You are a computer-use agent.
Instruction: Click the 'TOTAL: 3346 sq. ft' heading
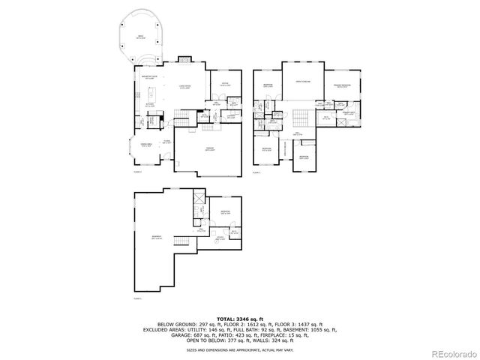tap(240, 319)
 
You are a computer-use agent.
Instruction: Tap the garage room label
tap(210, 149)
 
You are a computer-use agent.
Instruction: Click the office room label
tap(225, 84)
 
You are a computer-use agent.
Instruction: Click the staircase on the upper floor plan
tap(301, 117)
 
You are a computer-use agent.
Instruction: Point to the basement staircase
tap(180, 240)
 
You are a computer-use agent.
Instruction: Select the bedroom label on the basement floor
tap(226, 212)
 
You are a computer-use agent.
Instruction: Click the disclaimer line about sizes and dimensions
tap(240, 349)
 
